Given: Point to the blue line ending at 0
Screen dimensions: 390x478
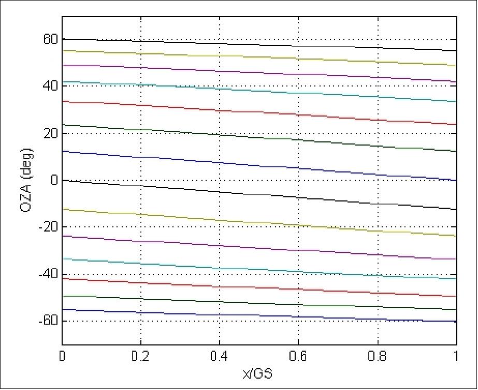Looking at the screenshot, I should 259,165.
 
